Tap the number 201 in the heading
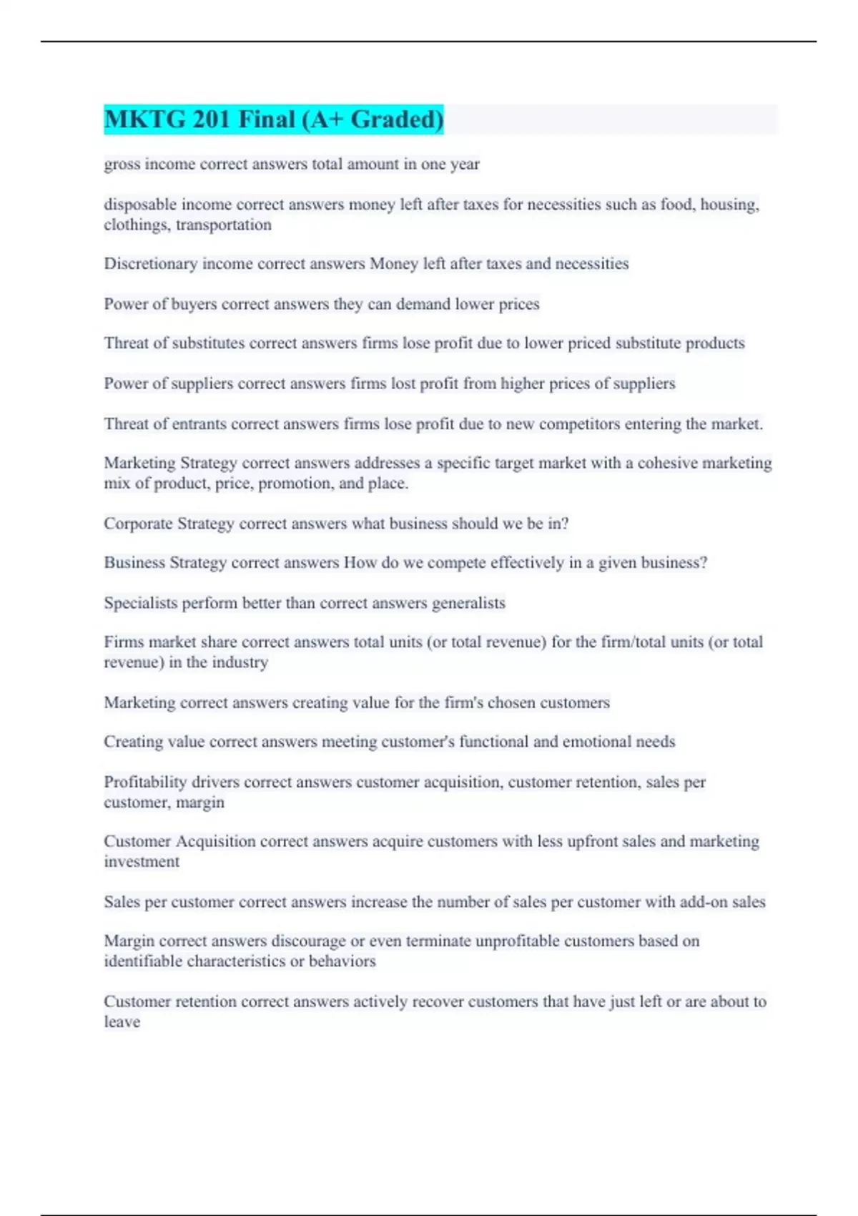pyautogui.click(x=211, y=119)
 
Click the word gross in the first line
pyautogui.click(x=122, y=165)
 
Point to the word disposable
pyautogui.click(x=140, y=205)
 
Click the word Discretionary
pyautogui.click(x=150, y=264)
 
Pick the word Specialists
pyautogui.click(x=140, y=603)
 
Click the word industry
pyautogui.click(x=240, y=662)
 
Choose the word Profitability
pyautogui.click(x=145, y=782)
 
